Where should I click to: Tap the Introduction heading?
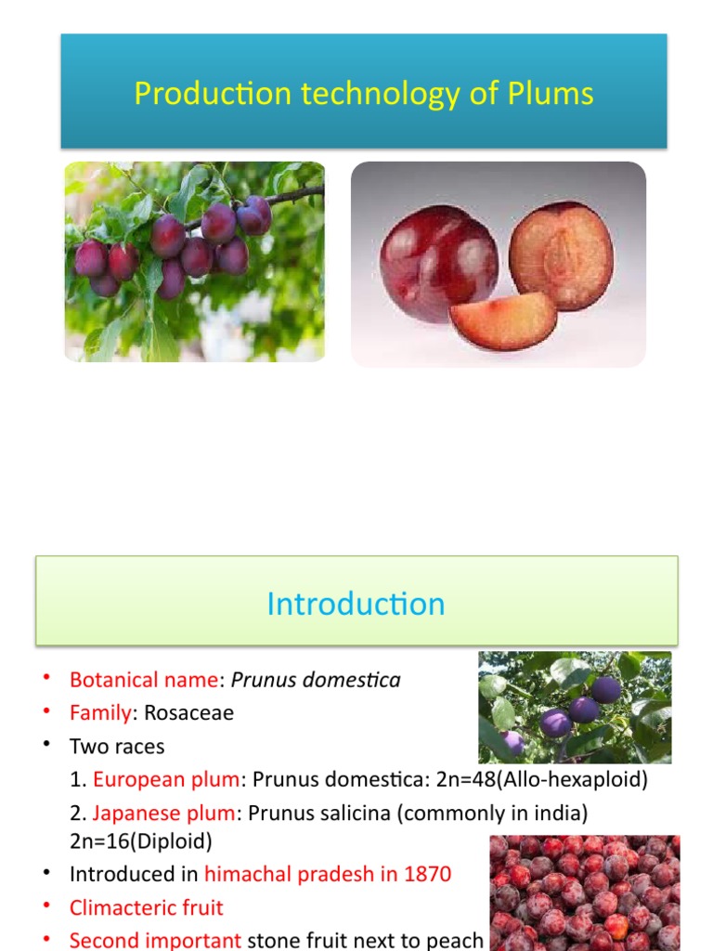pos(356,604)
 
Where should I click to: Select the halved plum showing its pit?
pos(561,255)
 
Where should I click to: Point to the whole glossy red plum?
pos(438,262)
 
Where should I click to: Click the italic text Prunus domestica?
pos(316,680)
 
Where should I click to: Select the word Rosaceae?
pos(189,713)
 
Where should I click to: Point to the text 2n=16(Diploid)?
pos(141,841)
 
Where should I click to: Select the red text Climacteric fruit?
pos(147,907)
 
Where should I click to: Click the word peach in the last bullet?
pos(456,940)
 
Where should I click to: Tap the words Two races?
pos(116,747)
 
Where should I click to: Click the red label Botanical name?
pos(145,680)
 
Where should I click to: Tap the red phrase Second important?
pos(155,940)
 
